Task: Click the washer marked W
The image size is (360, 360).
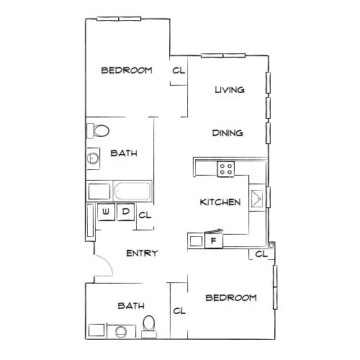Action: point(106,212)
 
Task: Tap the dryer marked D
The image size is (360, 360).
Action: point(125,212)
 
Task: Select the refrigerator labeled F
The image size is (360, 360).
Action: point(214,240)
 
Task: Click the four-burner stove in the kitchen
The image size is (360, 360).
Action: point(226,169)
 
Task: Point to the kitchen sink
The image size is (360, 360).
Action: point(257,198)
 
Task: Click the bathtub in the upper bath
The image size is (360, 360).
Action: point(132,192)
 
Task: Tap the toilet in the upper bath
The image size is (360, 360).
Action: point(98,131)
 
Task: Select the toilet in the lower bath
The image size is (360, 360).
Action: point(149,327)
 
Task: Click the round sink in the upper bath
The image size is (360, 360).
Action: point(93,158)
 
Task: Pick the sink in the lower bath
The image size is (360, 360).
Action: point(121,331)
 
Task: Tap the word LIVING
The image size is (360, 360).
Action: point(230,90)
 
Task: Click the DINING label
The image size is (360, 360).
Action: point(228,132)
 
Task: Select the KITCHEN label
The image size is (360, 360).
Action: point(220,202)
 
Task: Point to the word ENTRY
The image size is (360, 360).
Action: point(142,253)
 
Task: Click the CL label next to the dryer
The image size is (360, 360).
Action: point(145,215)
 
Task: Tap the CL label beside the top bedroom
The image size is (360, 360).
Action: point(179,71)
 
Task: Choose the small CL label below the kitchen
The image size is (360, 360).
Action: point(261,254)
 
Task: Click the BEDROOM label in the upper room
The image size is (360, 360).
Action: point(127,71)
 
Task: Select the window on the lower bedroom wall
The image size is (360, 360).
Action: point(275,287)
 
